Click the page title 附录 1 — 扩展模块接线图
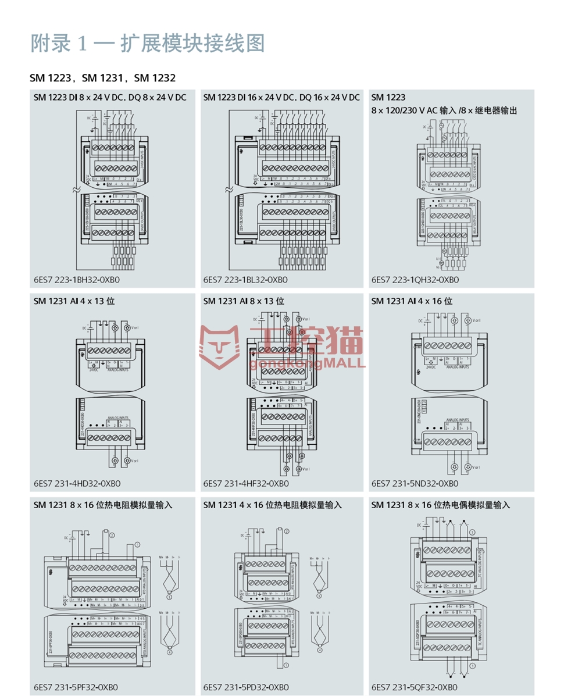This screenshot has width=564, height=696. (148, 44)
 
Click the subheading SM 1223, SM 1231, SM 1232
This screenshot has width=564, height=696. (103, 77)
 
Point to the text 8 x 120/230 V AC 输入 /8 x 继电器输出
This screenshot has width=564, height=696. (444, 110)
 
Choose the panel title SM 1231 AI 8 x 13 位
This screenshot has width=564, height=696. (244, 301)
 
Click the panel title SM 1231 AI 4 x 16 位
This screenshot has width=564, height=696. (412, 301)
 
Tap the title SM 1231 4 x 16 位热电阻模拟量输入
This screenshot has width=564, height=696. (273, 505)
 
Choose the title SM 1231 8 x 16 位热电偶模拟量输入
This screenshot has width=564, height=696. (441, 505)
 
